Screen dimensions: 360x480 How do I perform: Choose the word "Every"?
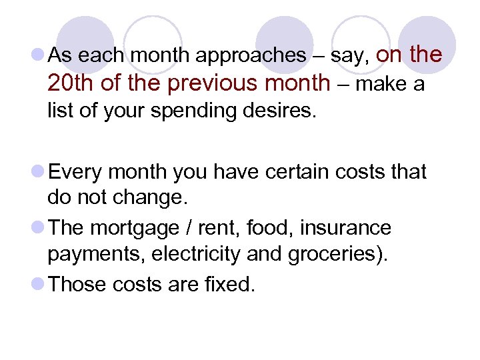click(75, 172)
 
